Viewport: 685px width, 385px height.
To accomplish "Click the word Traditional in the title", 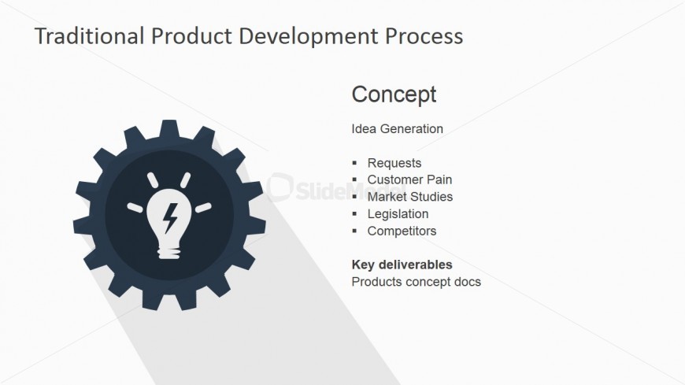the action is pyautogui.click(x=90, y=36).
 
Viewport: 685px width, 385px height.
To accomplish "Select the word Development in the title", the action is pyautogui.click(x=308, y=37).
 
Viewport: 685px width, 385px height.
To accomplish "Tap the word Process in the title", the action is pyautogui.click(x=424, y=36).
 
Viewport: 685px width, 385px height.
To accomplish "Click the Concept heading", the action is pyautogui.click(x=394, y=94).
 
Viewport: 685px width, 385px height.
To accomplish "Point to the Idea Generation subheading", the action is pyautogui.click(x=397, y=128).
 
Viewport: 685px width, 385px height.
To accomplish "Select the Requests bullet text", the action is pyautogui.click(x=394, y=163).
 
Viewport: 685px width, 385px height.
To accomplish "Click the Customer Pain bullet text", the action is pyautogui.click(x=409, y=180).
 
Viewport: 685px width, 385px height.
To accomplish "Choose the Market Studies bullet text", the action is pyautogui.click(x=409, y=197).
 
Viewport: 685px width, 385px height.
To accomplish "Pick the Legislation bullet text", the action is pyautogui.click(x=398, y=213).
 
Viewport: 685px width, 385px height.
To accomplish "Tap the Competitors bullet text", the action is pyautogui.click(x=402, y=231).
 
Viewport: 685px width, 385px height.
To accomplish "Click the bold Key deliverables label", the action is pyautogui.click(x=402, y=265).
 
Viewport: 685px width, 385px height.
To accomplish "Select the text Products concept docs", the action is pyautogui.click(x=416, y=282).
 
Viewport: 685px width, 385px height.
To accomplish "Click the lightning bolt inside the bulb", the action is pyautogui.click(x=170, y=217).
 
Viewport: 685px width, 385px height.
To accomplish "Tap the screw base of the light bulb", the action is pyautogui.click(x=169, y=253).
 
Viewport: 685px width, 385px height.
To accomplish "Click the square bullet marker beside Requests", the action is pyautogui.click(x=354, y=163).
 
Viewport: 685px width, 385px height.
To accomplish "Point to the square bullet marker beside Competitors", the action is pyautogui.click(x=354, y=231).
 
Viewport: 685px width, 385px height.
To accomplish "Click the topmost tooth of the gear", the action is pyautogui.click(x=169, y=128).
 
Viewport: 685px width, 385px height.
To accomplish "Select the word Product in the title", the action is pyautogui.click(x=191, y=36).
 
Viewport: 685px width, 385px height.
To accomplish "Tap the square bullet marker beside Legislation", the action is pyautogui.click(x=354, y=213).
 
